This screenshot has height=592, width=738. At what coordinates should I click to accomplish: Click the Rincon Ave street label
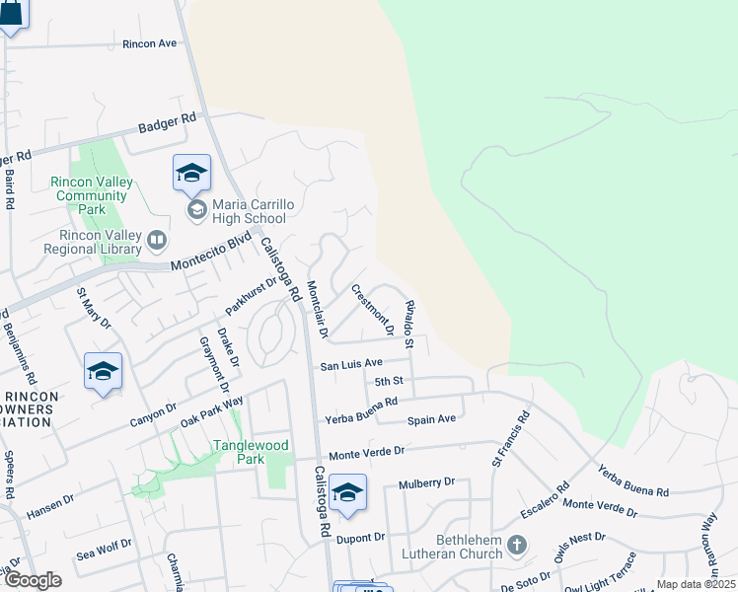(149, 43)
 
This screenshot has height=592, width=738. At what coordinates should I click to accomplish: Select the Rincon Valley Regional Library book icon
(156, 240)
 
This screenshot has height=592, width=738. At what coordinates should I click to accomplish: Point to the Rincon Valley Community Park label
(92, 195)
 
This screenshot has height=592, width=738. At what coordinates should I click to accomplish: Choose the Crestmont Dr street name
(373, 309)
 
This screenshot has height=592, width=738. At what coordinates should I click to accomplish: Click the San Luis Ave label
(350, 364)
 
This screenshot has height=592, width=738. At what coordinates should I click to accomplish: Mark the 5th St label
(390, 381)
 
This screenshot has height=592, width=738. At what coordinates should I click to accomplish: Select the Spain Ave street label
(432, 419)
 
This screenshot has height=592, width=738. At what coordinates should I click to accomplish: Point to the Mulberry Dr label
(426, 483)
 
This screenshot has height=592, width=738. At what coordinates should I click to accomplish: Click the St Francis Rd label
(509, 441)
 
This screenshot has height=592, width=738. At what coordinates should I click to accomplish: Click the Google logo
(32, 580)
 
